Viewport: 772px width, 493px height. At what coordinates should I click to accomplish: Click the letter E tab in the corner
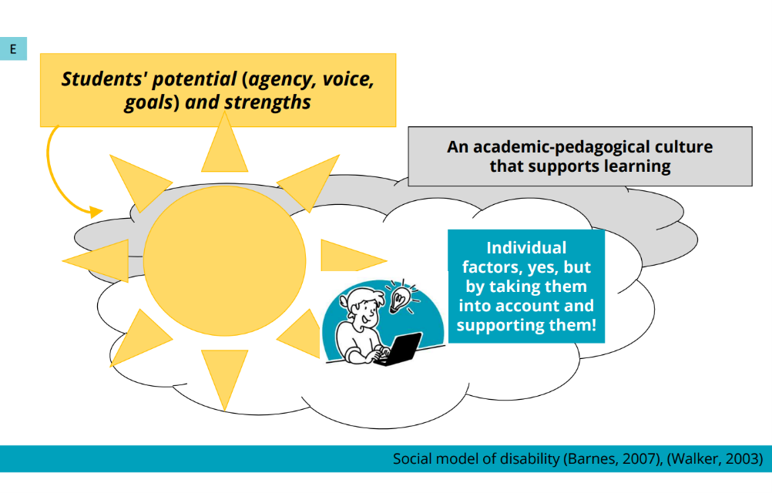coord(13,49)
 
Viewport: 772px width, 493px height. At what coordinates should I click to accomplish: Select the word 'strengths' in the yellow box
coord(267,102)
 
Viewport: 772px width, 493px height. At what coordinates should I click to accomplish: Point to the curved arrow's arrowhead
coord(96,212)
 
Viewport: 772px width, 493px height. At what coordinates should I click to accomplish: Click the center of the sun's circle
coord(224,261)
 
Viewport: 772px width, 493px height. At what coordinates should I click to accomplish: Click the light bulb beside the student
coord(400,298)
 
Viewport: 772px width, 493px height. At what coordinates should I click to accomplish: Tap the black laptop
coord(399,349)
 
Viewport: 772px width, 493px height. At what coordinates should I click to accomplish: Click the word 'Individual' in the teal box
coord(526,247)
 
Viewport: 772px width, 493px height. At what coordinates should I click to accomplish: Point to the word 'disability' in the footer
coord(529,458)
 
